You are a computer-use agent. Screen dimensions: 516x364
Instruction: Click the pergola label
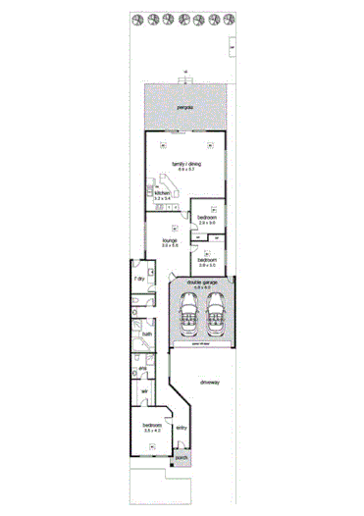(183, 105)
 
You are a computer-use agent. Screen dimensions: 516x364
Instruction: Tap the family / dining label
(186, 163)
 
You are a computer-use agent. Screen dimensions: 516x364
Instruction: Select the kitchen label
(161, 193)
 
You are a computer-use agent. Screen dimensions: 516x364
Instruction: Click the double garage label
(203, 281)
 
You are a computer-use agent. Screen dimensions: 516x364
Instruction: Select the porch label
(181, 458)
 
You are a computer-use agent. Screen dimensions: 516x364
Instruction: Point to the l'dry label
(139, 280)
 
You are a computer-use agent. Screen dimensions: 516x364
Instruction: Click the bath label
(146, 335)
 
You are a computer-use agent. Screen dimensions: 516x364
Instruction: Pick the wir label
(143, 391)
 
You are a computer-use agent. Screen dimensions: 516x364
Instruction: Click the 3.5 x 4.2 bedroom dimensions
(152, 431)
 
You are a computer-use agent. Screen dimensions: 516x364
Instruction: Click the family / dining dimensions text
(186, 170)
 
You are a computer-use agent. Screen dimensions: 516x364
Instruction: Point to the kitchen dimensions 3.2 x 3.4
(161, 199)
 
